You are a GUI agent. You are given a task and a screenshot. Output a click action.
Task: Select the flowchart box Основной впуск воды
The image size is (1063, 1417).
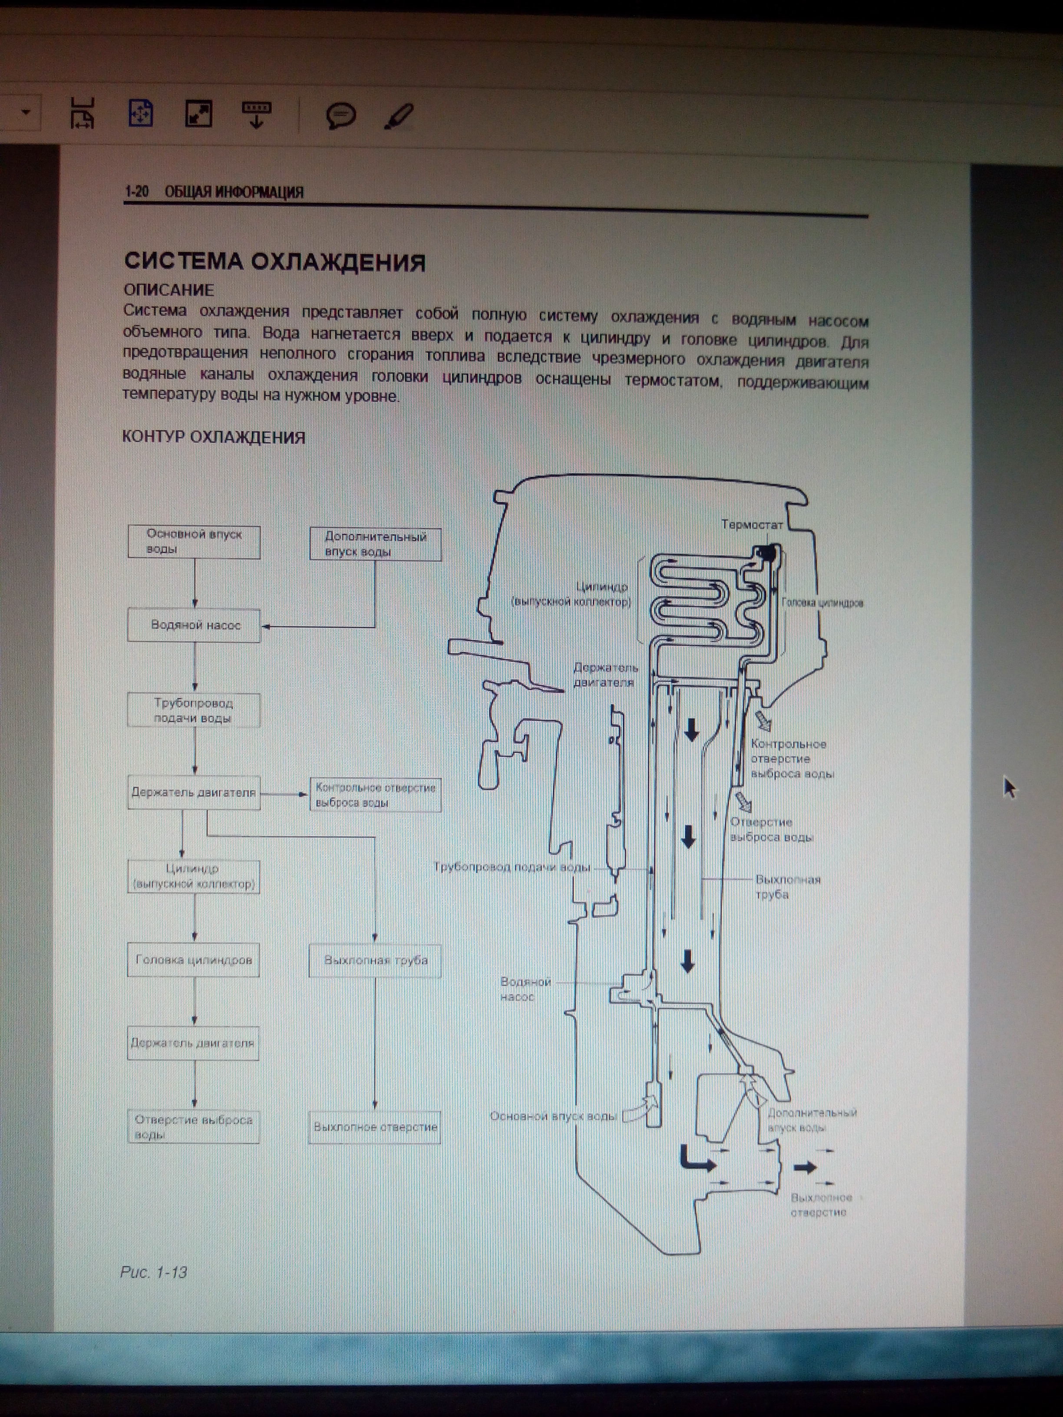pos(194,541)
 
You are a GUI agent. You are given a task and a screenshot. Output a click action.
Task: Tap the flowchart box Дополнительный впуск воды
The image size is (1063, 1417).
pos(376,544)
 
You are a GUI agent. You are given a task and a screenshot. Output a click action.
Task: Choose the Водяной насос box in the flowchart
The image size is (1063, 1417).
pos(194,625)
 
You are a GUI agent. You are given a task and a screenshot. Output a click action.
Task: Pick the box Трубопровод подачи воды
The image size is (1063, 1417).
pos(194,710)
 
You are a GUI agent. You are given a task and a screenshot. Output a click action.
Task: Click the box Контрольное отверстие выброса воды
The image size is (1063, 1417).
pos(376,795)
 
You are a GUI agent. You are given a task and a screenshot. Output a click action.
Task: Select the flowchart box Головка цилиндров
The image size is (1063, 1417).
pos(194,959)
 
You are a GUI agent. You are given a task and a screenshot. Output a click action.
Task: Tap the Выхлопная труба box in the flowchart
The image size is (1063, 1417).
pos(376,960)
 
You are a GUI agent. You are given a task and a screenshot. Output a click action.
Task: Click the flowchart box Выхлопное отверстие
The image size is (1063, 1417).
pos(375,1127)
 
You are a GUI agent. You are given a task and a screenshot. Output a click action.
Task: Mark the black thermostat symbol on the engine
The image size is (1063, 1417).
pos(766,551)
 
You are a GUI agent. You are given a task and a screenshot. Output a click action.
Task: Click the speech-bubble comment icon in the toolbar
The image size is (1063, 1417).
pos(340,116)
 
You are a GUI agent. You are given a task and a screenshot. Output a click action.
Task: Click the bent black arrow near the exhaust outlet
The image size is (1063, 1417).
pos(695,1158)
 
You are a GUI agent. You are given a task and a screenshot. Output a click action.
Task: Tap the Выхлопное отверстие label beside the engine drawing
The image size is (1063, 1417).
pos(820,1205)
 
